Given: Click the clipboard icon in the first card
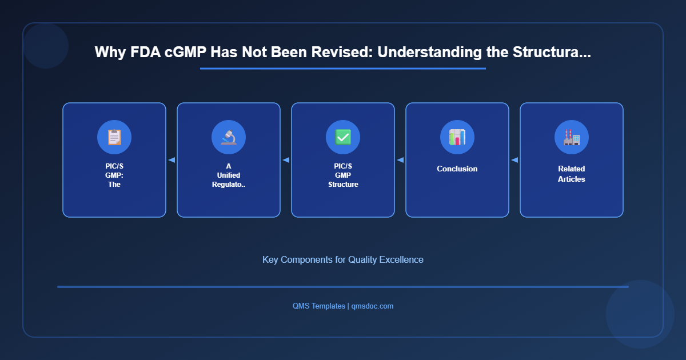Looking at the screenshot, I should tap(114, 137).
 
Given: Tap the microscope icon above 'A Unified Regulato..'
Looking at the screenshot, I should tap(229, 137).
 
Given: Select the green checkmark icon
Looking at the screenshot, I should tap(343, 137).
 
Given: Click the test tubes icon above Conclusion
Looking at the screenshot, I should tap(457, 137).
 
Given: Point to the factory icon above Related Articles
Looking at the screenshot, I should tap(572, 137).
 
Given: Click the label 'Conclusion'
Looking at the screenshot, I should tap(457, 169).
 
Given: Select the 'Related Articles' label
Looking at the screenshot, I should tap(572, 174).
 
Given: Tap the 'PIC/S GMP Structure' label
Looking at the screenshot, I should tap(343, 175).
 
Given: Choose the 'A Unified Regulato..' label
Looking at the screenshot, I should tap(229, 175).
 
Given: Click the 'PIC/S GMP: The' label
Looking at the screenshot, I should tap(114, 175).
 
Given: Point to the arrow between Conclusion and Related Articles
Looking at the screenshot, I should tap(514, 160).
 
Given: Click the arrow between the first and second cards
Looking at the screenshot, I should tap(171, 160).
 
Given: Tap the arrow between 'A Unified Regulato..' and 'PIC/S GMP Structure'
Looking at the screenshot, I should tap(286, 160).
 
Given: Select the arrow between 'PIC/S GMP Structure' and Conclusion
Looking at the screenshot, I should tap(400, 160).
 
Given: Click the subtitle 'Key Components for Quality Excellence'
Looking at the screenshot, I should tap(343, 259).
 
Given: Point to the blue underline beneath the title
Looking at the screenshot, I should tap(343, 69).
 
